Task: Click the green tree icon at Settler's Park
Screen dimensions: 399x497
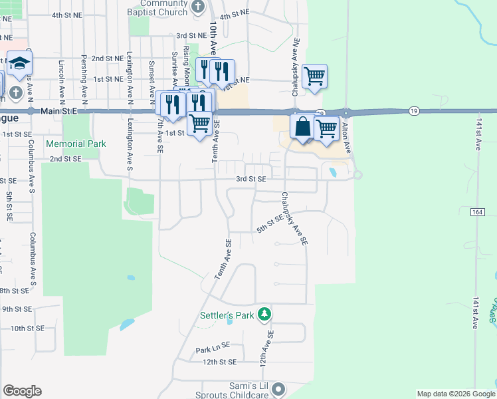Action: click(264, 313)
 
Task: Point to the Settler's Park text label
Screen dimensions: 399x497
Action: click(227, 315)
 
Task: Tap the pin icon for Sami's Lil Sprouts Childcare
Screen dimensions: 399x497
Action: click(278, 388)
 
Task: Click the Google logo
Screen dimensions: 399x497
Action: click(22, 391)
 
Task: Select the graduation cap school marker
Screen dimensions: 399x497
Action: click(20, 64)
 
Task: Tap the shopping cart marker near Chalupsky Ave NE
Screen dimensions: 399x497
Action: click(314, 75)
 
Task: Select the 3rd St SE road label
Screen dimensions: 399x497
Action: click(251, 179)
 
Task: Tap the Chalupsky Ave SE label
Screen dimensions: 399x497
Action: click(294, 219)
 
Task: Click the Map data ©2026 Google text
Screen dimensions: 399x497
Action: click(456, 394)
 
